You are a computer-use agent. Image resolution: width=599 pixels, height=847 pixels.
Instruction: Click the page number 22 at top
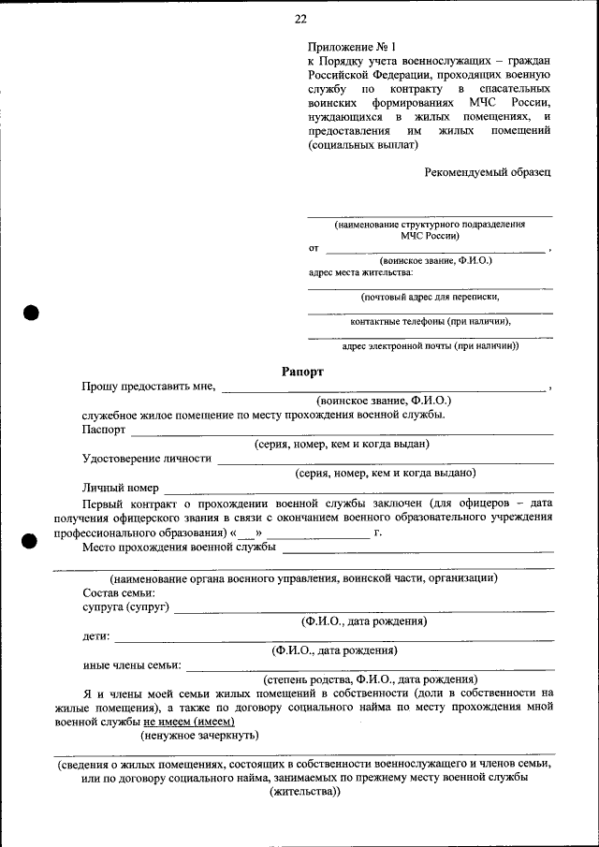[299, 19]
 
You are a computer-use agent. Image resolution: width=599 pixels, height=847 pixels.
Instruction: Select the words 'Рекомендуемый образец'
[488, 172]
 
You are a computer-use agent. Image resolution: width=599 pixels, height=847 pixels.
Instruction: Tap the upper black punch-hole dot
[31, 314]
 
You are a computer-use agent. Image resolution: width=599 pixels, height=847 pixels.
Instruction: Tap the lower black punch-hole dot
[31, 539]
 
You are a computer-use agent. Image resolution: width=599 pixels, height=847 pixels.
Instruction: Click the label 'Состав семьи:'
[118, 593]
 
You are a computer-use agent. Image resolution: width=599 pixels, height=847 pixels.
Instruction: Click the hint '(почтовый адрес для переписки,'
[430, 297]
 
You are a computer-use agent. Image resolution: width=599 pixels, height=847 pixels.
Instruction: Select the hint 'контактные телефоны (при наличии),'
[430, 321]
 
